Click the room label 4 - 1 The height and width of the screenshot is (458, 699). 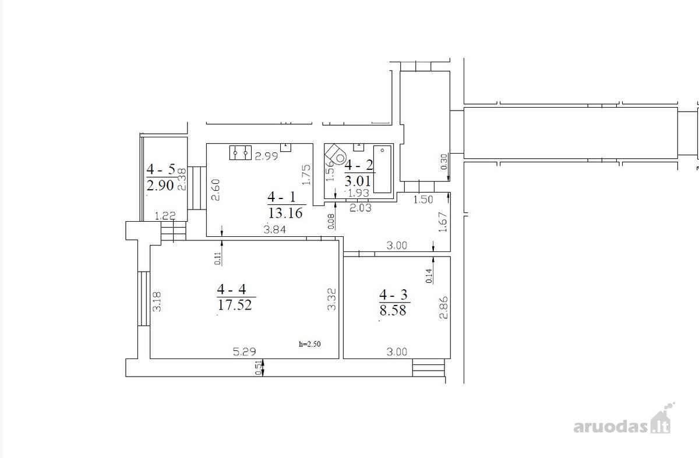tap(281, 197)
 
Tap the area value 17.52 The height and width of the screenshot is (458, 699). tap(235, 304)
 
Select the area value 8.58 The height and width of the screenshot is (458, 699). tap(393, 310)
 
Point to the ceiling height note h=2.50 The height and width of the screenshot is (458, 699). tap(309, 344)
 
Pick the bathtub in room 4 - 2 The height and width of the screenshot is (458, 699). tap(382, 169)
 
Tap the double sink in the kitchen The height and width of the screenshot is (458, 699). tap(241, 153)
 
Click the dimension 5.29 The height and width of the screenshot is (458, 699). tap(244, 352)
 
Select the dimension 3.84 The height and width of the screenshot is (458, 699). tap(274, 230)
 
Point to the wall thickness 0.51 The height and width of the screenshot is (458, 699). tap(259, 368)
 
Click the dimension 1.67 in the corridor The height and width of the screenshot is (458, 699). tap(443, 222)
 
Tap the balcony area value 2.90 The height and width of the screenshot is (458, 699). tap(160, 186)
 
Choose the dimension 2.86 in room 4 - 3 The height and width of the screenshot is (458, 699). tap(443, 307)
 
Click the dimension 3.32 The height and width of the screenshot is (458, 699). tap(331, 299)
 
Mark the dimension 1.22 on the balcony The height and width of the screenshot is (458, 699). tap(165, 216)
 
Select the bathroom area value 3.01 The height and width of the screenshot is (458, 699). tap(358, 181)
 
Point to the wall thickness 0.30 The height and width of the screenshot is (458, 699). tap(444, 162)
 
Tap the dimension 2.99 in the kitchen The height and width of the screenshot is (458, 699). tap(266, 156)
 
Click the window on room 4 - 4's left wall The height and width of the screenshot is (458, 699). tap(144, 299)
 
